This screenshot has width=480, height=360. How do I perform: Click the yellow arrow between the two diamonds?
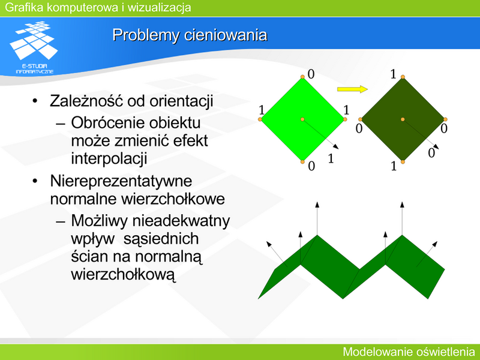click(352, 89)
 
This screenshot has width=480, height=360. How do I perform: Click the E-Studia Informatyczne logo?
click(34, 47)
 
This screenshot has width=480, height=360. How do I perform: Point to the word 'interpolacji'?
click(109, 158)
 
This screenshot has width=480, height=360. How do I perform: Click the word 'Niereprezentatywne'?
click(121, 181)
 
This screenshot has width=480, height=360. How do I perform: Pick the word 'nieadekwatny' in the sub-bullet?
click(181, 221)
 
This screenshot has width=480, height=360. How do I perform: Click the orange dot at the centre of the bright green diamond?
click(302, 119)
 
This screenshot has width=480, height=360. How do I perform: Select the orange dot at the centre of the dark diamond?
click(403, 119)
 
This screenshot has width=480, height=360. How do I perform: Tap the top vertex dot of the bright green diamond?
click(302, 77)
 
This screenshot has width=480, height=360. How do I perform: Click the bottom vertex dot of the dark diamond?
click(403, 161)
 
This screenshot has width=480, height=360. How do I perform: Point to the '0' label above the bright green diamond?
click(311, 74)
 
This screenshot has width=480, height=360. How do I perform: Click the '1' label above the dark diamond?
click(394, 74)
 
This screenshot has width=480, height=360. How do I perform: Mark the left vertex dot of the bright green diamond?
click(260, 119)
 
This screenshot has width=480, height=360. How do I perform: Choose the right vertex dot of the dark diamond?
click(445, 119)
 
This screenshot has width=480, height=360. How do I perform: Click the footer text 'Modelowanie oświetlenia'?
click(409, 352)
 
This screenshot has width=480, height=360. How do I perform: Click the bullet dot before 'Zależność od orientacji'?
click(35, 101)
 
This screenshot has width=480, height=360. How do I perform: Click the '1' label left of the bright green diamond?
click(262, 110)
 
